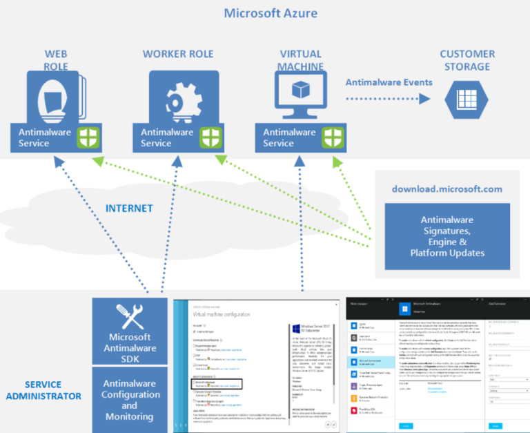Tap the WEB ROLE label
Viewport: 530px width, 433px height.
[57, 60]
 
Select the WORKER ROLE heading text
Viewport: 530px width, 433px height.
[178, 54]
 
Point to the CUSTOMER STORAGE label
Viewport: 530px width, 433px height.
[467, 60]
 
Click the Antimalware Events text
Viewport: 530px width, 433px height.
[389, 82]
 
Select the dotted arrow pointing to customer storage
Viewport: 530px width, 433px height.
[387, 98]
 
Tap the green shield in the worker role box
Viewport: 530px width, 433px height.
[210, 137]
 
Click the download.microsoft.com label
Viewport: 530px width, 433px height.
[447, 189]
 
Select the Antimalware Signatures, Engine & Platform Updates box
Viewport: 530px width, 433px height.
[447, 235]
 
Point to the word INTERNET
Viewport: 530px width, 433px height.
[129, 208]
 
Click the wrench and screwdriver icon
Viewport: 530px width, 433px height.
[129, 315]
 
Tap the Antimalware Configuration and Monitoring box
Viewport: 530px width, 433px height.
[130, 400]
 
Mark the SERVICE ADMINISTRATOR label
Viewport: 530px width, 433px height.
[43, 390]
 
